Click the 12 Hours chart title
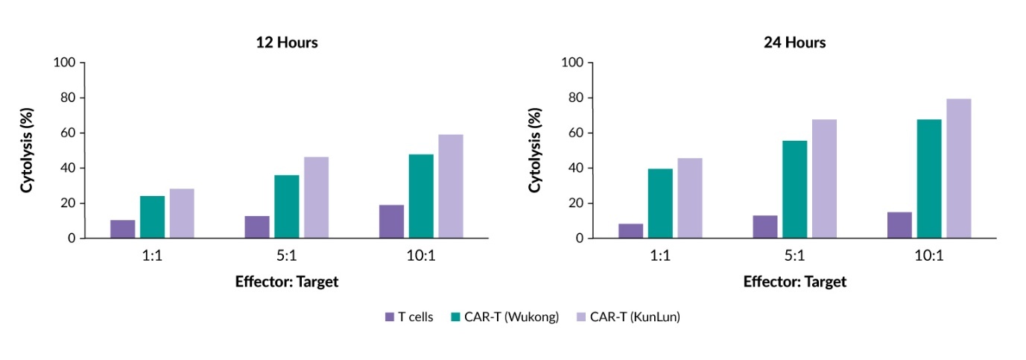(287, 42)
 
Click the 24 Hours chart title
(794, 42)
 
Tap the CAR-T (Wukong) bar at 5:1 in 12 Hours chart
(286, 206)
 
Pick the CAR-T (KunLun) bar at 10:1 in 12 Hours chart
(450, 186)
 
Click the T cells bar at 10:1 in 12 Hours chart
(391, 221)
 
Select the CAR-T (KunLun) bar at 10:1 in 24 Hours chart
(958, 168)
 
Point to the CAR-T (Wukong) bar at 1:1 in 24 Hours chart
(660, 203)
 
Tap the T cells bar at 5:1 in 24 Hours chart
(765, 227)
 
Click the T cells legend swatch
(389, 317)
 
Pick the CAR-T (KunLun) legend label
(635, 317)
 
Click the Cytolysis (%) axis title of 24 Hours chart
(535, 151)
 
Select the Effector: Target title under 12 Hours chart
(286, 282)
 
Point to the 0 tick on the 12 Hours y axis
(72, 239)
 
